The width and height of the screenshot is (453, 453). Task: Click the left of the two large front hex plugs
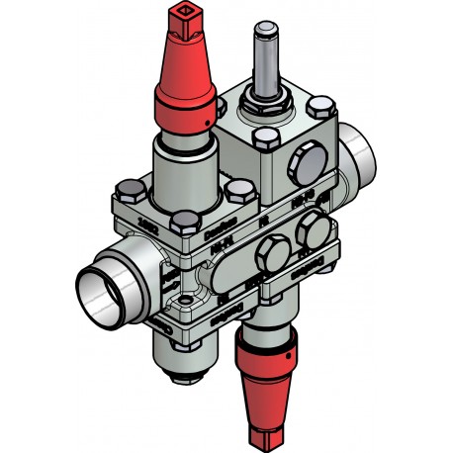(267, 259)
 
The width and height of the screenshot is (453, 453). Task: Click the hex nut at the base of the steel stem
(268, 100)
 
